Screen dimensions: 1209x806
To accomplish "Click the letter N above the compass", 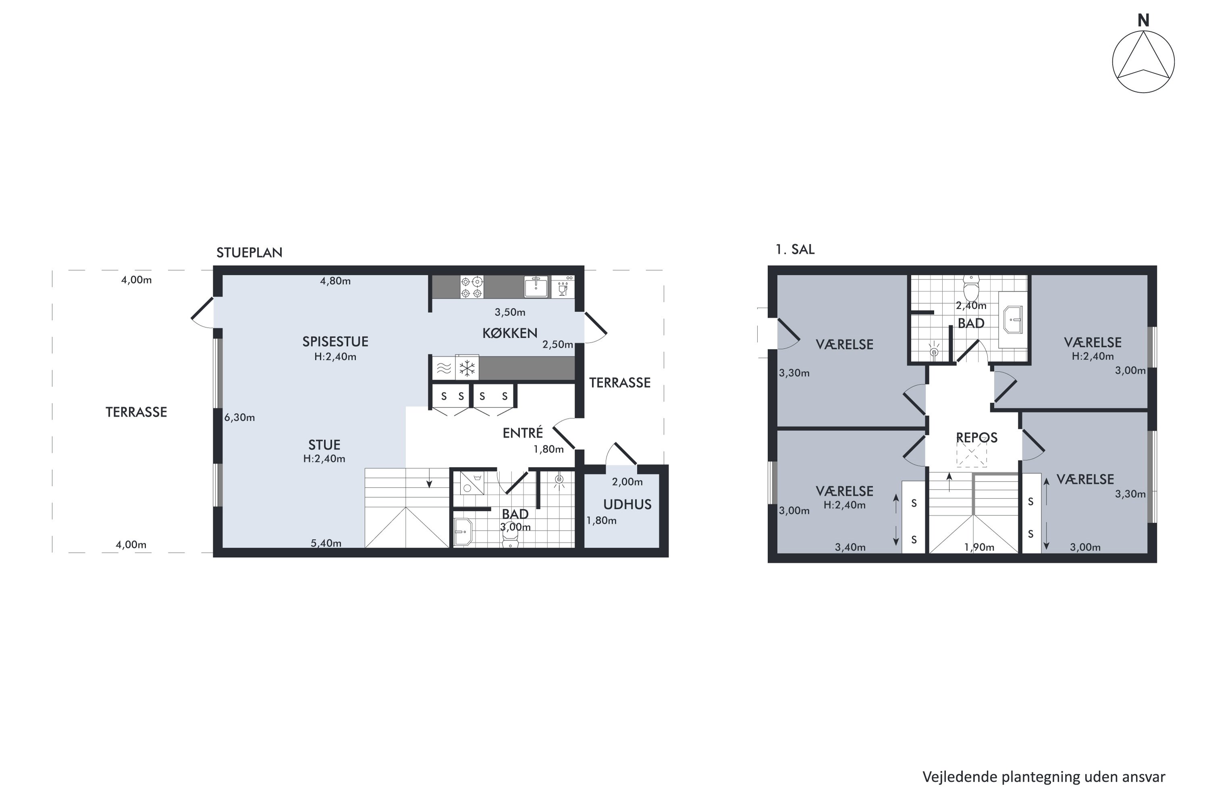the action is click(x=1143, y=20).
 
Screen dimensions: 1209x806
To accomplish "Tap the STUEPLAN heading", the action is click(x=249, y=252).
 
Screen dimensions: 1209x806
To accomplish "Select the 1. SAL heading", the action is click(x=795, y=249).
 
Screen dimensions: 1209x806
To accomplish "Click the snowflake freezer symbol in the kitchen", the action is click(x=467, y=368).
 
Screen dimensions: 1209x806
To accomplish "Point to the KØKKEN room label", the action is click(x=509, y=333).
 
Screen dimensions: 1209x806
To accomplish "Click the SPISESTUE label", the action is click(x=335, y=341).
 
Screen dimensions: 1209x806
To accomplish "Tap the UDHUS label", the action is click(x=627, y=504).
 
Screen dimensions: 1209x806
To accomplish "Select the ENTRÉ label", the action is click(x=522, y=432).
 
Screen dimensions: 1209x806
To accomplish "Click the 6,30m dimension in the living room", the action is click(x=239, y=418).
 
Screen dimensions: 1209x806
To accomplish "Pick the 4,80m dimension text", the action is click(x=335, y=280).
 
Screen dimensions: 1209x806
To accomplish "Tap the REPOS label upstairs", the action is click(x=976, y=437).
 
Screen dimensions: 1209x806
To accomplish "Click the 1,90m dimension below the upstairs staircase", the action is click(x=979, y=547).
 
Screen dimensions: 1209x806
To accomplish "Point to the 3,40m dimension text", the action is click(x=850, y=547).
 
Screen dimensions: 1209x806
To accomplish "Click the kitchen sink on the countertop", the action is click(x=536, y=287).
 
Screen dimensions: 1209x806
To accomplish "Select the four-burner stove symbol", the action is click(x=472, y=287).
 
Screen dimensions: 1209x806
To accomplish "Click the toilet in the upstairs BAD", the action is click(x=971, y=289).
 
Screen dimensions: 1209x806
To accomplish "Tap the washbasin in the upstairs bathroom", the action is click(x=1013, y=319).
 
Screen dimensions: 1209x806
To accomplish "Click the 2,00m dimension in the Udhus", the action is click(x=627, y=482).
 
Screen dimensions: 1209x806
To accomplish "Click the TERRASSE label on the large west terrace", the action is click(x=136, y=412).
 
